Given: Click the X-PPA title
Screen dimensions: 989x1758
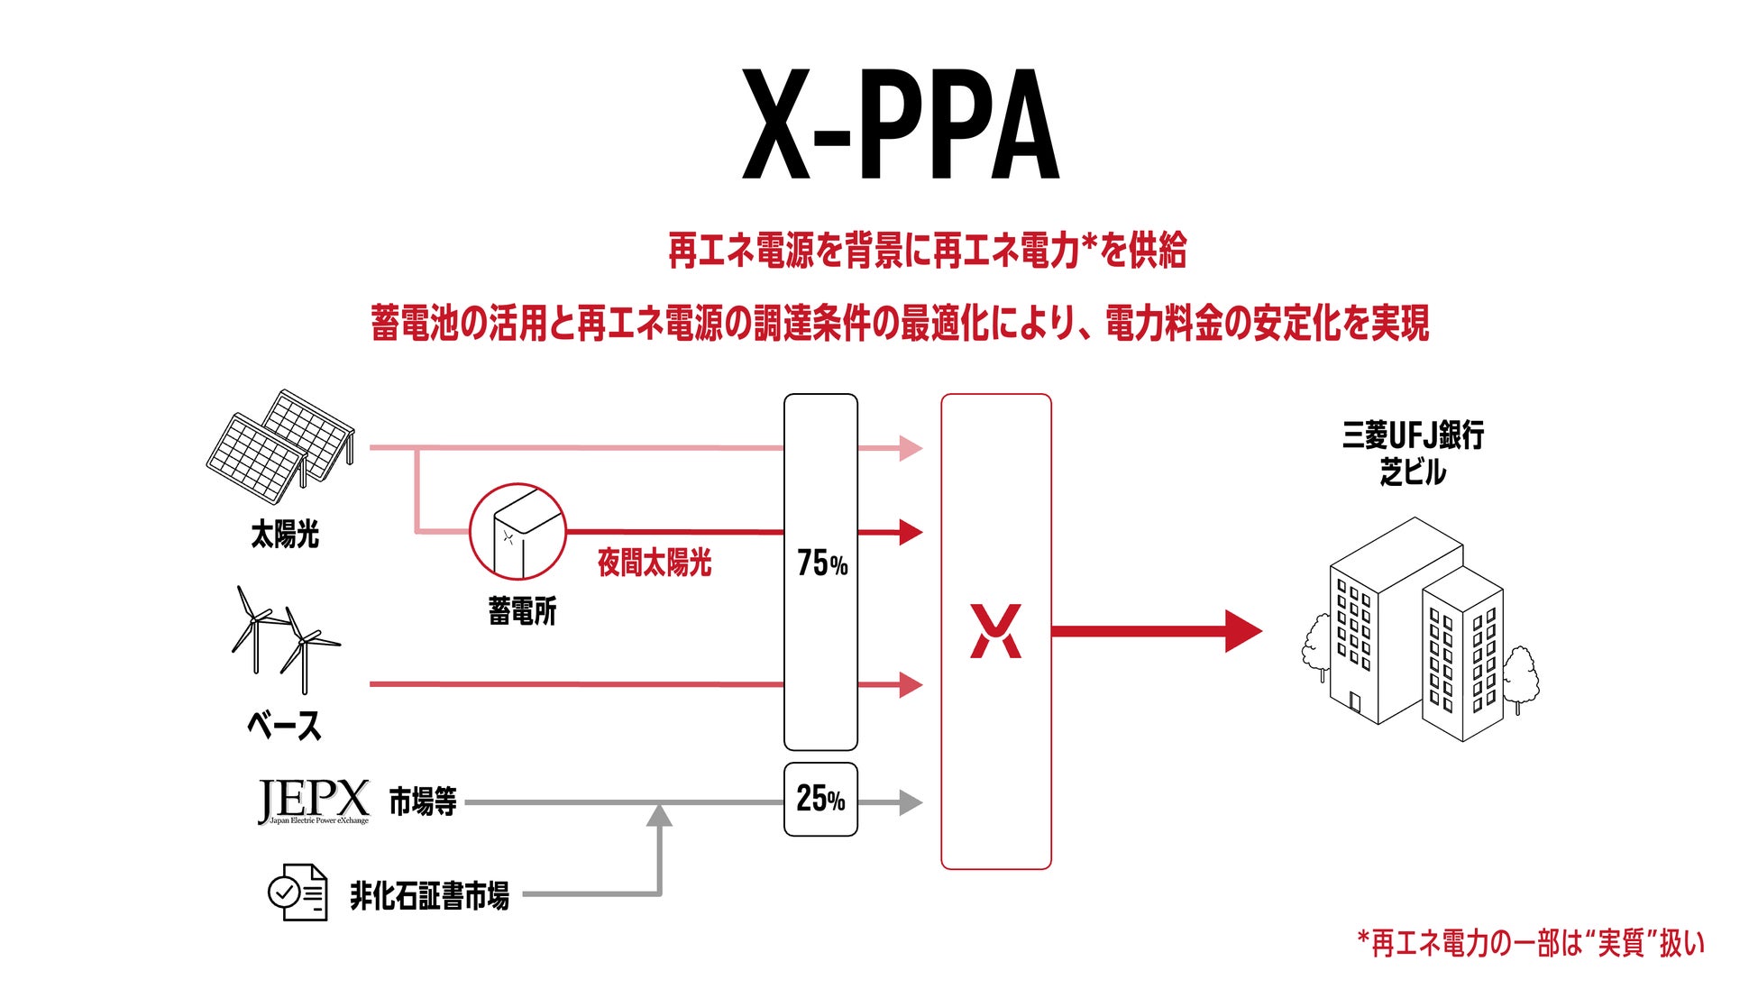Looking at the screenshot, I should [900, 126].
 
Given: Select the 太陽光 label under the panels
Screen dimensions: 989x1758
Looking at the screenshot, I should [285, 535].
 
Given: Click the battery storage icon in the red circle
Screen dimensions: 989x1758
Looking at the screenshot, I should [517, 532].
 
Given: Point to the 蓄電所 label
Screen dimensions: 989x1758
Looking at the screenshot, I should [522, 611].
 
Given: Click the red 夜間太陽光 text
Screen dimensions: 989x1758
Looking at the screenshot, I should [655, 563].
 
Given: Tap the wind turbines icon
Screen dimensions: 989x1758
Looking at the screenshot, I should [284, 638].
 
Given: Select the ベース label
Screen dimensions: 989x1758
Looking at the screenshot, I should [284, 726].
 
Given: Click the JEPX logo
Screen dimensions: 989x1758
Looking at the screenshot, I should [313, 801].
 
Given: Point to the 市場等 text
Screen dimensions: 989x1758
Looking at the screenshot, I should [423, 801].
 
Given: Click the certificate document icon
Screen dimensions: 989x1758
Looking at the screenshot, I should [298, 892].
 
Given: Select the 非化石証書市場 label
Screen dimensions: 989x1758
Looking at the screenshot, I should [429, 896].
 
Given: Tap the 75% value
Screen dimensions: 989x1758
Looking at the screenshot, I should [821, 563].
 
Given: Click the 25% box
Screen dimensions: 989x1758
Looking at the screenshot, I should [820, 799].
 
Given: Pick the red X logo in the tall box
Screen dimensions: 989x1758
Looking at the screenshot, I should [995, 631].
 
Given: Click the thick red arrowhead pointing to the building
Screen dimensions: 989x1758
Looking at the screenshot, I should [1243, 631].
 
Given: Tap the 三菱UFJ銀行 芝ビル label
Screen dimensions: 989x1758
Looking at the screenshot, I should [1413, 453].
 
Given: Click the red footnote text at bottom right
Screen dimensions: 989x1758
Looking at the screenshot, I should [1531, 943].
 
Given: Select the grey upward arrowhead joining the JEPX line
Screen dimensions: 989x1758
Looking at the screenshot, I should [660, 815].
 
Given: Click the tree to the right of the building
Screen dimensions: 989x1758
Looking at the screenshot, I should [1520, 676].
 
